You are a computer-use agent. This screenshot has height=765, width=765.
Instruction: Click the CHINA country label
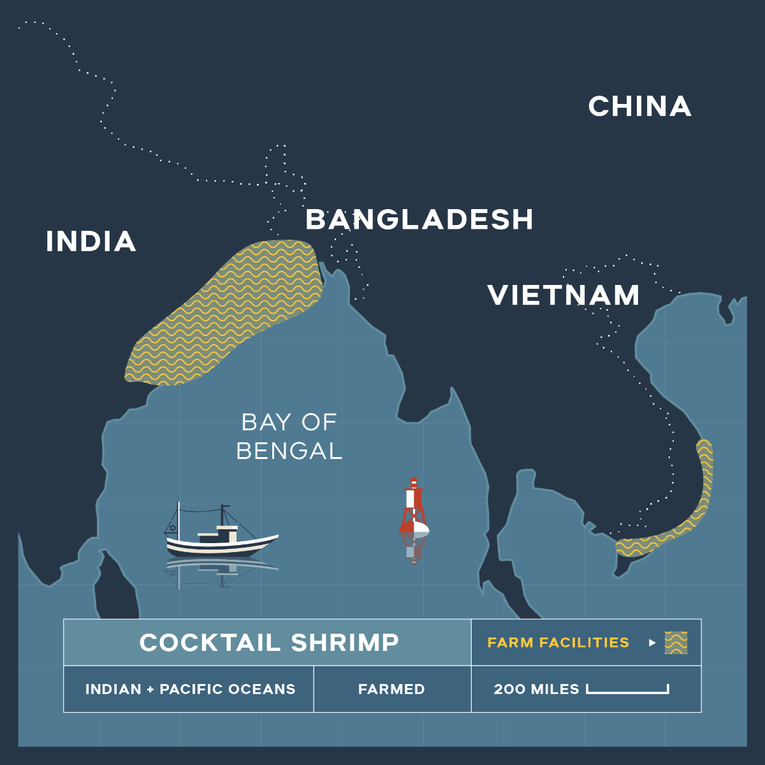639,106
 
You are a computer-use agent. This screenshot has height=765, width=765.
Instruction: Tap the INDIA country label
91,242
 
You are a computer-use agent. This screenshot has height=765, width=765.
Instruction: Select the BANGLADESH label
419,219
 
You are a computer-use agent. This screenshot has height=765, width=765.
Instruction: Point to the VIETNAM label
564,295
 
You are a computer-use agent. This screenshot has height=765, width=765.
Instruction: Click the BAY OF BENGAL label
289,437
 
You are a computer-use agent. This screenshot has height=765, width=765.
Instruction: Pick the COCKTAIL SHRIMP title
269,643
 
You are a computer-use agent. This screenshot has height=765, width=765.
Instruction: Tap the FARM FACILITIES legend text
558,643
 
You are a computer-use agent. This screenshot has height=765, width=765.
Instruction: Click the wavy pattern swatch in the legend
676,643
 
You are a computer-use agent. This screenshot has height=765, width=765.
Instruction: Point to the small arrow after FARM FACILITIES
652,643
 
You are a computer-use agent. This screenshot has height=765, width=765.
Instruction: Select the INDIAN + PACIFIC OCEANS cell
190,689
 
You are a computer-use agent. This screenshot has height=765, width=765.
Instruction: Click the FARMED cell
391,689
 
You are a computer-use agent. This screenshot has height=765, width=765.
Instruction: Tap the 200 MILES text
536,689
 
